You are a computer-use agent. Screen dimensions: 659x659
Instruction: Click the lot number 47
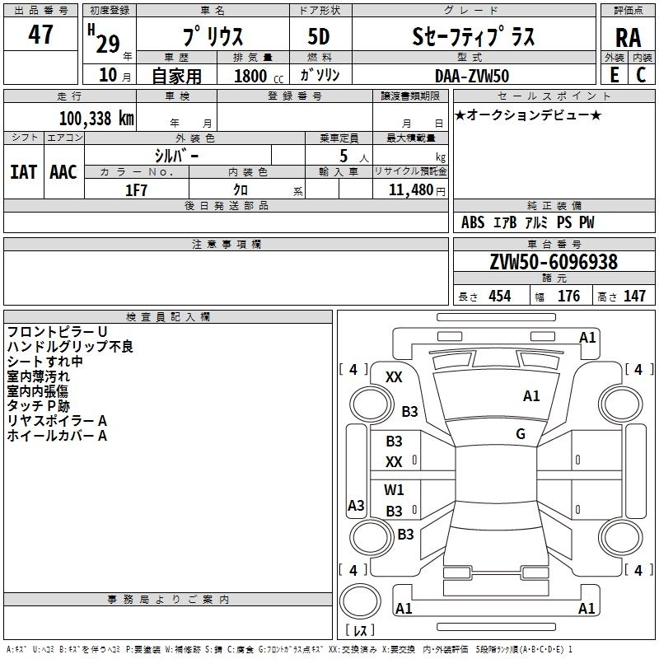click(41, 35)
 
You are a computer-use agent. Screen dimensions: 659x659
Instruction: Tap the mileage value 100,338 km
click(96, 118)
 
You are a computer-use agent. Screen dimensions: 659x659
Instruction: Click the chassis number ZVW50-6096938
click(553, 263)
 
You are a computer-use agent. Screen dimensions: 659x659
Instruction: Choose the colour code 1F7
click(136, 189)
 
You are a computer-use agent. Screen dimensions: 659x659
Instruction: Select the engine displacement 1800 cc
click(250, 76)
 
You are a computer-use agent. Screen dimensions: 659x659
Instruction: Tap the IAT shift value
click(23, 172)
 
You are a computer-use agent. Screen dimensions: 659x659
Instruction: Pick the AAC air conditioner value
click(63, 172)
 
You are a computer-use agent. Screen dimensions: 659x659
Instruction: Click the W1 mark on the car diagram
click(394, 490)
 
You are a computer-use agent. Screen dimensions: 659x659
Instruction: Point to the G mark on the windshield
click(521, 434)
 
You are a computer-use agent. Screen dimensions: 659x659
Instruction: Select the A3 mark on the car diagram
click(356, 506)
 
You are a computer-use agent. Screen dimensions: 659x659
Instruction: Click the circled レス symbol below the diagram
click(359, 631)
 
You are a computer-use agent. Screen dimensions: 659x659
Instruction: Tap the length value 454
click(499, 297)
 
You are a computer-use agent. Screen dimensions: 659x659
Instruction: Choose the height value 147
click(634, 297)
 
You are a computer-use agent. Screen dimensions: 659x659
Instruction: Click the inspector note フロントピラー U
click(57, 331)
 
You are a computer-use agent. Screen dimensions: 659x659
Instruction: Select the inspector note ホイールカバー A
click(57, 436)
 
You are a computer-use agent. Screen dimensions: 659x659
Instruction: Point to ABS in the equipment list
click(473, 222)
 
